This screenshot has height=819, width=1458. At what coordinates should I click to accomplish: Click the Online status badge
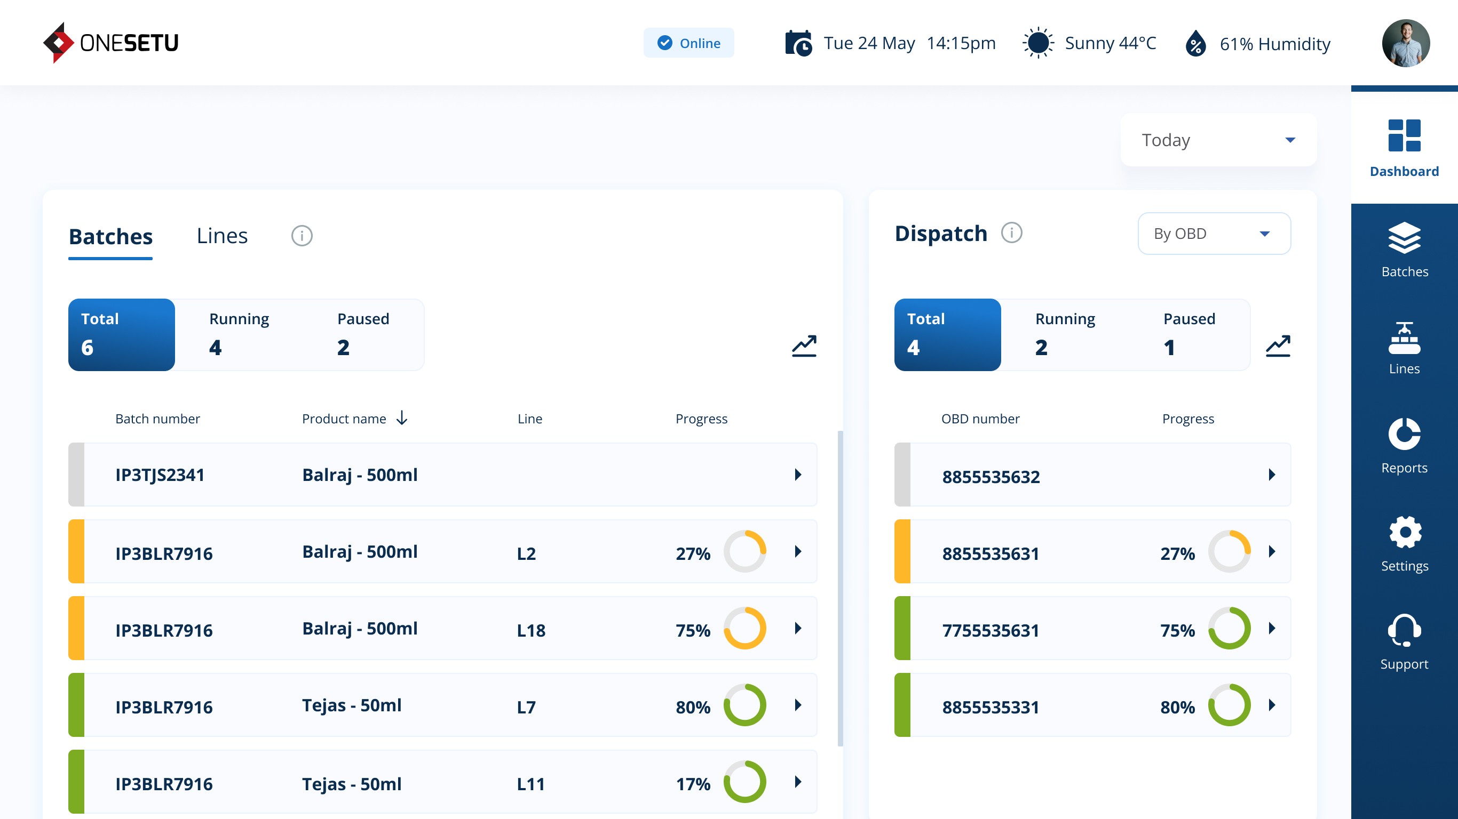[x=688, y=43]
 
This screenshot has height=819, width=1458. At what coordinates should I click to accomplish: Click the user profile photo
[x=1405, y=43]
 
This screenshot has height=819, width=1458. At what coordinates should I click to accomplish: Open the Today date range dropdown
[x=1218, y=140]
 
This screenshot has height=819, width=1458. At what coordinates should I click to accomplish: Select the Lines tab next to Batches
[x=222, y=236]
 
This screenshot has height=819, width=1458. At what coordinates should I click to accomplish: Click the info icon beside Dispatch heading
[x=1011, y=233]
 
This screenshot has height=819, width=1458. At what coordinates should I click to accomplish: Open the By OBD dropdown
[x=1214, y=234]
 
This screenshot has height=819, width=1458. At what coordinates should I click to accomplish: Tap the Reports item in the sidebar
[x=1404, y=445]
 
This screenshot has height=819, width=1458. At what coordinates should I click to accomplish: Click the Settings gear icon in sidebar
[x=1404, y=532]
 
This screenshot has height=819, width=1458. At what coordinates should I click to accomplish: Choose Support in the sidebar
[x=1404, y=642]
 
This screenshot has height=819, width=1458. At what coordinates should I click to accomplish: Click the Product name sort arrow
[x=402, y=418]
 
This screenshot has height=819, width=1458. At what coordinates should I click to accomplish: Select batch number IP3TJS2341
[x=160, y=475]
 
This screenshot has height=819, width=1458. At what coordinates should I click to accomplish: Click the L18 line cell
[x=531, y=630]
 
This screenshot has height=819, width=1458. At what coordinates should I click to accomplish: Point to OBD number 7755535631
[x=991, y=630]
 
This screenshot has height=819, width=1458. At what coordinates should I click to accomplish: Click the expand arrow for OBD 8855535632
[x=1272, y=475]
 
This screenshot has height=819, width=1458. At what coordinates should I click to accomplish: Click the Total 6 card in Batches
[x=122, y=335]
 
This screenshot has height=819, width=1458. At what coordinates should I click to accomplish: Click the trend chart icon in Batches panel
[x=804, y=346]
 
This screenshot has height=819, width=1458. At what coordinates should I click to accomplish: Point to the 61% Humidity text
[x=1274, y=44]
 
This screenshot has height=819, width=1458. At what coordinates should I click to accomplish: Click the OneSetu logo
[x=111, y=43]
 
